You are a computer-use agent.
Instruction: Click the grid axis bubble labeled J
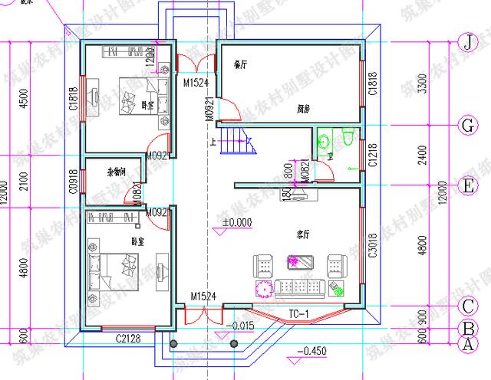point(466,41)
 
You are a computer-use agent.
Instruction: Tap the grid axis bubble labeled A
point(465,345)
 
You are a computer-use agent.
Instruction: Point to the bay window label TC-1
point(298,314)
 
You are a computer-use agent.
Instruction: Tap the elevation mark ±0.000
point(237,223)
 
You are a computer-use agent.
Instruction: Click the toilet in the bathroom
point(348,139)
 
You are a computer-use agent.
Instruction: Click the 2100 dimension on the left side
point(23,182)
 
